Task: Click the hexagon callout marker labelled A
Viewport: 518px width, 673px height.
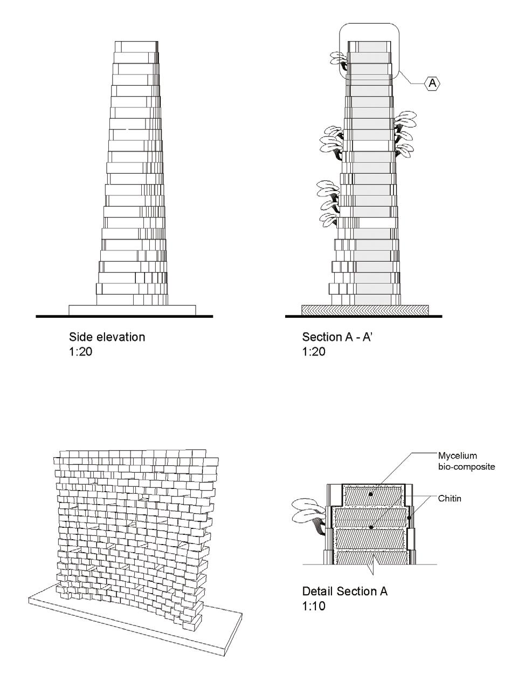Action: pyautogui.click(x=432, y=83)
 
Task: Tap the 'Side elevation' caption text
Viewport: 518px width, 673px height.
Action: pyautogui.click(x=107, y=337)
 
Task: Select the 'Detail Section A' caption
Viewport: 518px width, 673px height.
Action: pyautogui.click(x=344, y=591)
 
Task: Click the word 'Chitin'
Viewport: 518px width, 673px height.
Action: pyautogui.click(x=450, y=499)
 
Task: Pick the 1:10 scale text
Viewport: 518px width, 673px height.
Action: pyautogui.click(x=314, y=606)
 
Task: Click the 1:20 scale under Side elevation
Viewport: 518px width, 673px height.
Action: pyautogui.click(x=80, y=352)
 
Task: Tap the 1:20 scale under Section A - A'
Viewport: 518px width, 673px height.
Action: pyautogui.click(x=314, y=352)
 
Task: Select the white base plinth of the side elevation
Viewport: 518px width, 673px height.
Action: pyautogui.click(x=132, y=310)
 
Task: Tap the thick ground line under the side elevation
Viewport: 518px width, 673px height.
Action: pyautogui.click(x=124, y=316)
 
